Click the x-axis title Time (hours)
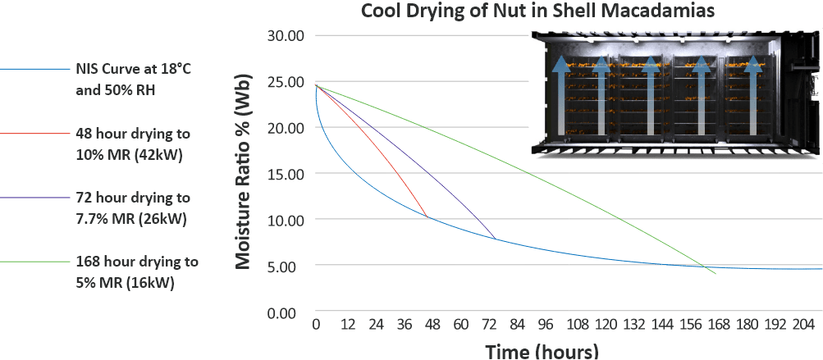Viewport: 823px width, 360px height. click(x=542, y=351)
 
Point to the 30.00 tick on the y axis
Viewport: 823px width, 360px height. click(x=286, y=36)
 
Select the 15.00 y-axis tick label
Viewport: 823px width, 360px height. click(x=286, y=174)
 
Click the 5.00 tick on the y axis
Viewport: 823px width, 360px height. click(x=290, y=267)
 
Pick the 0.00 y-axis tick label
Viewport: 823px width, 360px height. click(x=290, y=313)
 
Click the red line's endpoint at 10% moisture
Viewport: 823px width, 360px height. click(x=428, y=218)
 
